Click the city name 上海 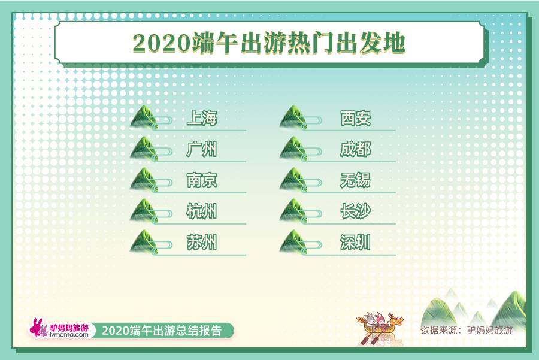pyautogui.click(x=202, y=118)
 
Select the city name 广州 pyautogui.click(x=202, y=149)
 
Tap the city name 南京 pyautogui.click(x=202, y=180)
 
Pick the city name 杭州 pyautogui.click(x=202, y=211)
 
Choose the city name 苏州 pyautogui.click(x=202, y=243)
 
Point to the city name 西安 pyautogui.click(x=355, y=118)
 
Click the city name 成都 pyautogui.click(x=355, y=149)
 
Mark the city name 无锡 pyautogui.click(x=355, y=180)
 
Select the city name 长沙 pyautogui.click(x=355, y=211)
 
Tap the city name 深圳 pyautogui.click(x=355, y=243)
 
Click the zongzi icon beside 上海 pyautogui.click(x=144, y=118)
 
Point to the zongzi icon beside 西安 pyautogui.click(x=293, y=118)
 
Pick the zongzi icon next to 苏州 pyautogui.click(x=144, y=243)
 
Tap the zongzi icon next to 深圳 pyautogui.click(x=293, y=243)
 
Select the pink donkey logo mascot pyautogui.click(x=40, y=328)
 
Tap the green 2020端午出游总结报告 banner pyautogui.click(x=162, y=331)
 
